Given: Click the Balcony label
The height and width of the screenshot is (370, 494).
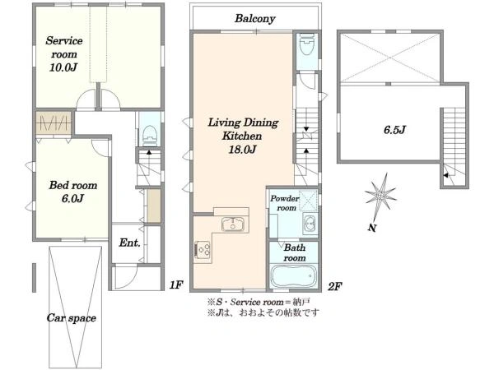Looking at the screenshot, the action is click(x=255, y=19).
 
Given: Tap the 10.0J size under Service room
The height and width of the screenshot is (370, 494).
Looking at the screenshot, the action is click(x=63, y=67).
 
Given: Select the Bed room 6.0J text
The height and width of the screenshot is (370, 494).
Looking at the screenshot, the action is click(x=72, y=192).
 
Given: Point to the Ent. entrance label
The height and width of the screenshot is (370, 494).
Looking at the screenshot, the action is click(x=129, y=243).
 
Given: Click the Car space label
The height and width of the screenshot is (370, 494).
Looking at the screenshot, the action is click(x=72, y=318).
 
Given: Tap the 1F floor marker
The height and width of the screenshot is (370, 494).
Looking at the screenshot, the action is click(x=176, y=285).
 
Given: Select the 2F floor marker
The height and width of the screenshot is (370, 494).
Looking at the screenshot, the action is click(x=334, y=286).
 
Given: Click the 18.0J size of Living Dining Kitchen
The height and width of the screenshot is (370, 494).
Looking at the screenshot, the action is click(x=242, y=150).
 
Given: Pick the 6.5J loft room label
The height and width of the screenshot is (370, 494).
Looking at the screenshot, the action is click(x=394, y=130).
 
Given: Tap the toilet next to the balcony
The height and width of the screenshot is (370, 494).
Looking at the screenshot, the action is click(x=307, y=44).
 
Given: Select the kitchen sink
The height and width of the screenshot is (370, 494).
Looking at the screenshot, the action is click(x=233, y=224).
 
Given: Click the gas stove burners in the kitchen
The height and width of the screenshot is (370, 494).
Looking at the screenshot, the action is click(x=203, y=249).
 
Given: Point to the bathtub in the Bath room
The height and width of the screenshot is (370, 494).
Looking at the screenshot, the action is click(x=293, y=276).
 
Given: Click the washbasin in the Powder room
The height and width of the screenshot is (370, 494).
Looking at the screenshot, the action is click(x=310, y=223).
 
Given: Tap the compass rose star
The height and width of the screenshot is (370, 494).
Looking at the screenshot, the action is click(x=380, y=196).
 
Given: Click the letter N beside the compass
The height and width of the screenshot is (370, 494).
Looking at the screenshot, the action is click(x=372, y=228).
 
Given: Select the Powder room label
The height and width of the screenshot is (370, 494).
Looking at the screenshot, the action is click(x=285, y=203).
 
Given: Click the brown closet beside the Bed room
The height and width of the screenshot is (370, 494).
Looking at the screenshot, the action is click(x=54, y=123).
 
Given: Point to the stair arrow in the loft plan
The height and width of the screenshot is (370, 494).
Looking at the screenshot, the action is click(x=446, y=176).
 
